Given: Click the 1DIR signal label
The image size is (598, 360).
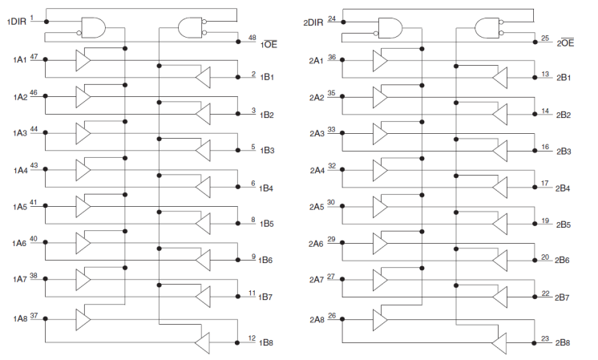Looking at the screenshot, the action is (17, 22).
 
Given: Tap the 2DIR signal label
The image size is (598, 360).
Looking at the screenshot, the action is (313, 22).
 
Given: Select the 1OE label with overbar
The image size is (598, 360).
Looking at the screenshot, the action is (269, 44).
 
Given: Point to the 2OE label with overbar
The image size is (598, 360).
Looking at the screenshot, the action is (565, 42).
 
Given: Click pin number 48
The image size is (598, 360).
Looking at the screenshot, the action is (252, 38).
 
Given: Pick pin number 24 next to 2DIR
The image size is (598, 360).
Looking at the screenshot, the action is (332, 18).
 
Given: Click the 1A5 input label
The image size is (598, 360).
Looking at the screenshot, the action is (20, 207).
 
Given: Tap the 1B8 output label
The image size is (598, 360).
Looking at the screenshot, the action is (266, 342).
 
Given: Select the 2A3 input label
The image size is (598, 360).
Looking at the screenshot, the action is (317, 133).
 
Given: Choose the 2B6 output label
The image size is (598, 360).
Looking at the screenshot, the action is (562, 260).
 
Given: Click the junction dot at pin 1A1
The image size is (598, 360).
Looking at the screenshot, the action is (46, 59).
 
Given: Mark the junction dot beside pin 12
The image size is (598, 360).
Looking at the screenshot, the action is (237, 342).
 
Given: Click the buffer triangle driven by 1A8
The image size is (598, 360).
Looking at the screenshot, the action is (83, 319).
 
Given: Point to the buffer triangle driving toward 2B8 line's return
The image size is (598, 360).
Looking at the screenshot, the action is (499, 343).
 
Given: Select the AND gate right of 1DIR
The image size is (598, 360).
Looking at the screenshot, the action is (94, 27).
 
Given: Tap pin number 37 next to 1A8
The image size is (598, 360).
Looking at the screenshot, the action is (34, 315).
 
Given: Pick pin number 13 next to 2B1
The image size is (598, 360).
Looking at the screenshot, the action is (545, 74).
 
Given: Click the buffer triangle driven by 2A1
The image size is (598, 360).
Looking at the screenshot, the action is (380, 60).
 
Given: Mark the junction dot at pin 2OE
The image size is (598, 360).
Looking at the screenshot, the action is (535, 42).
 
